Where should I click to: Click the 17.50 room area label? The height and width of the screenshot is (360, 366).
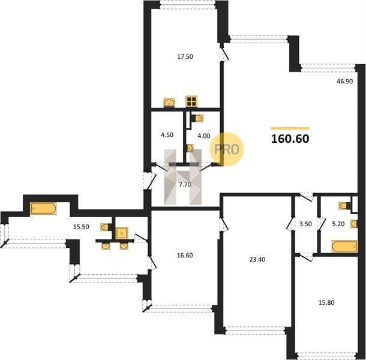click(x=185, y=57)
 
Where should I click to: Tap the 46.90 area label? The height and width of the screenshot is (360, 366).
click(x=345, y=82)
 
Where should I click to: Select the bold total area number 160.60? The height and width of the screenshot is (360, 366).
click(x=290, y=139)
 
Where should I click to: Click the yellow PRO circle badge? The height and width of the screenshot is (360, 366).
click(x=226, y=149)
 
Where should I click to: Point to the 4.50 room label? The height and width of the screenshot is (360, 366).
click(x=167, y=135)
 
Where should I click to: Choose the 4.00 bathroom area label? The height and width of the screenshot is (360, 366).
click(x=204, y=136)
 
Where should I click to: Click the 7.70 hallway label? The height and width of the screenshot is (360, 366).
click(x=185, y=185)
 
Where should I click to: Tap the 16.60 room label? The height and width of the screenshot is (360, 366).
click(x=185, y=256)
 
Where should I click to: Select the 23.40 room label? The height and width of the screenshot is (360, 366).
click(x=257, y=260)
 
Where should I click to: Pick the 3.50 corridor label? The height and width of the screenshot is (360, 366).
click(x=305, y=224)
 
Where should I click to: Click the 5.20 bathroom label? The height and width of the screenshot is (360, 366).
click(x=338, y=224)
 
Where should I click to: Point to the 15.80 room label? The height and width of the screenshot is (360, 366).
click(x=326, y=302)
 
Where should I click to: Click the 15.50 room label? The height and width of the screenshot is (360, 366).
click(x=81, y=227)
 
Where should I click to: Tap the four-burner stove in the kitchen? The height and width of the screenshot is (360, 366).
click(x=191, y=101)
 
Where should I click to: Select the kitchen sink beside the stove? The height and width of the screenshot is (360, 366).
click(x=169, y=103)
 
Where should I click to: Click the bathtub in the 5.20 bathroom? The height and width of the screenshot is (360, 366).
click(x=345, y=247)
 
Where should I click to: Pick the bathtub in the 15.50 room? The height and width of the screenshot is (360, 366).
click(x=43, y=208)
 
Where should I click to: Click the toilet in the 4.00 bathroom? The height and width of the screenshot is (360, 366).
click(x=199, y=118)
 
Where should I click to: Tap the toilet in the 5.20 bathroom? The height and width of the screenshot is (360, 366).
click(x=344, y=206)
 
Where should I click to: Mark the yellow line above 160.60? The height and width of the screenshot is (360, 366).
click(x=290, y=128)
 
